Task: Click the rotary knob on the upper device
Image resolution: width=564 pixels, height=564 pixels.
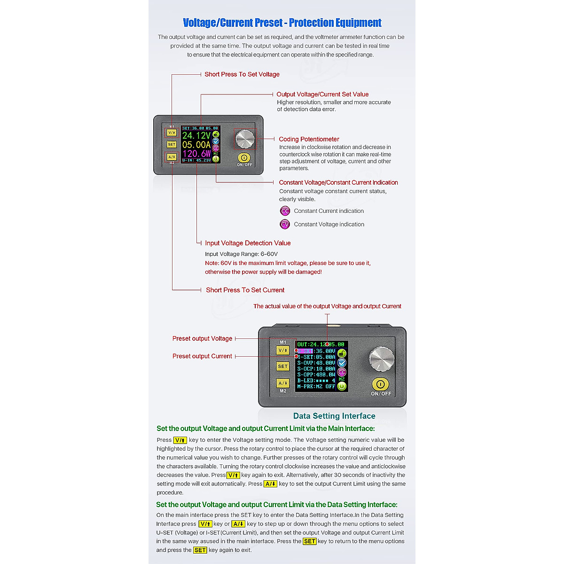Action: coord(245,139)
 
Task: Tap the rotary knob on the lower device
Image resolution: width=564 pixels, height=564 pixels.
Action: coord(382,360)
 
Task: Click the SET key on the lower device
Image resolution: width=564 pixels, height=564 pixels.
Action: coord(282,366)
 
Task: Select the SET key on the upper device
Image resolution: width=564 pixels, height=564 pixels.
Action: coord(172,145)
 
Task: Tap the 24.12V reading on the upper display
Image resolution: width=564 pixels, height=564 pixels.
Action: coord(196,135)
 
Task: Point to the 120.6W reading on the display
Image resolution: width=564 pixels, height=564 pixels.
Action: coord(196,153)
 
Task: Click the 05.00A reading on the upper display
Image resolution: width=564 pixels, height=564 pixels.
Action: coord(196,145)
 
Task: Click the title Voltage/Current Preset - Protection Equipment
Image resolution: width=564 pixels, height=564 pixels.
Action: coord(282,23)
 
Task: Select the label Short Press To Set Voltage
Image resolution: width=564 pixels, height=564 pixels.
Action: coord(242,74)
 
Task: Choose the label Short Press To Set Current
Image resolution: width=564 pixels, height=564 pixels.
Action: coord(245,290)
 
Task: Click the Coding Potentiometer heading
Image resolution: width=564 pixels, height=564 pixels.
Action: coord(309,139)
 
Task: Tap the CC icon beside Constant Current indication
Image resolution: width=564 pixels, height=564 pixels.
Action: coord(285,211)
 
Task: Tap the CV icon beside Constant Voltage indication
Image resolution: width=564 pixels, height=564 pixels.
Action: coord(285,224)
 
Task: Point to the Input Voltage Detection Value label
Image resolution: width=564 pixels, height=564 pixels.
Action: coord(248,243)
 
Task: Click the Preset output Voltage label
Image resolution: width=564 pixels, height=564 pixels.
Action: coord(202,338)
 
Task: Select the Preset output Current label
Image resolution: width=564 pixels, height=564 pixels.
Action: coord(202,356)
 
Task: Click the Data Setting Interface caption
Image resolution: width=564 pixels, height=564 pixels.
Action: coord(334,416)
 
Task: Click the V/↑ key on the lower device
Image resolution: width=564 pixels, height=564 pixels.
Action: coord(282,350)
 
